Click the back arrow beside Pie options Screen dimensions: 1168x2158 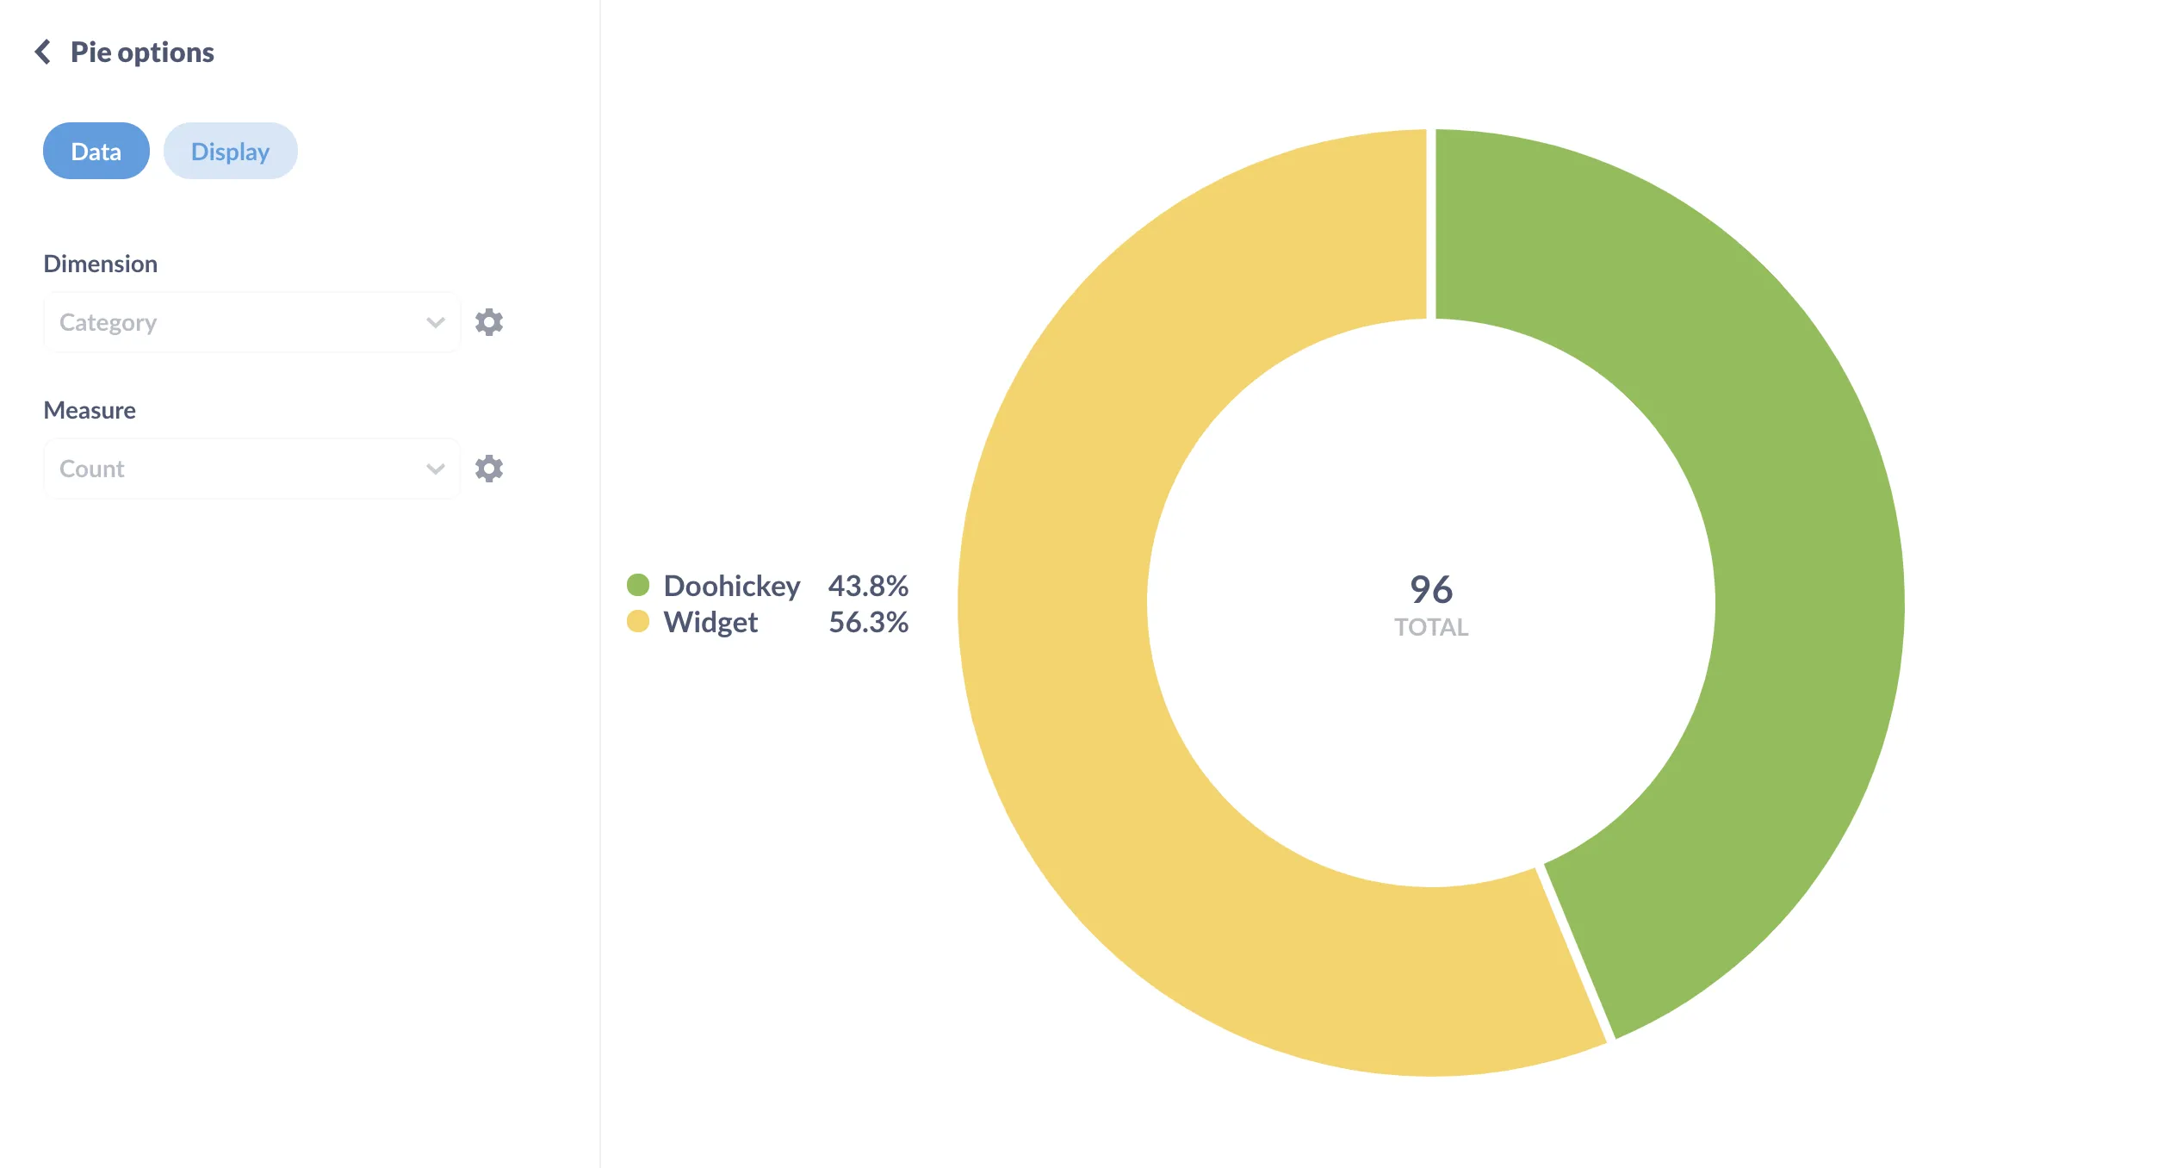[x=42, y=52]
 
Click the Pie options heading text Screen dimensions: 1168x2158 [x=142, y=53]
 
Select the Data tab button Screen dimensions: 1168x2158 [x=96, y=152]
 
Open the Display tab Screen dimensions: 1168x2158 [x=230, y=152]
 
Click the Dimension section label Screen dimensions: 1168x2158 [x=101, y=264]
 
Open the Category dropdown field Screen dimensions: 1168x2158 [x=233, y=322]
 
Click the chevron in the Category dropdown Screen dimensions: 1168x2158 [x=436, y=323]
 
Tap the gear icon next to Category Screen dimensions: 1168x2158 [x=489, y=322]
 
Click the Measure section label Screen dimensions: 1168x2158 [x=90, y=410]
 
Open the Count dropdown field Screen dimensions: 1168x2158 [x=233, y=469]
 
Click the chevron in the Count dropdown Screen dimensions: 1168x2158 [x=436, y=469]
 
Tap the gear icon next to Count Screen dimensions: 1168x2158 [x=489, y=469]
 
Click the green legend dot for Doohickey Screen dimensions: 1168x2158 [x=638, y=585]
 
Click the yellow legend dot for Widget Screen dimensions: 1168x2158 [x=638, y=621]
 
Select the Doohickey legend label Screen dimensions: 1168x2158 [x=732, y=586]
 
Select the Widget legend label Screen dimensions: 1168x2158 [x=710, y=622]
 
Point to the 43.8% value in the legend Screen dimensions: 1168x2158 [x=868, y=586]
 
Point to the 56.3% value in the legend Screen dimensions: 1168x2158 [x=868, y=622]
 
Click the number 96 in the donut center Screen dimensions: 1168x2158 [x=1431, y=590]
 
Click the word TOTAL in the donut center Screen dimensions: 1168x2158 [x=1431, y=627]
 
